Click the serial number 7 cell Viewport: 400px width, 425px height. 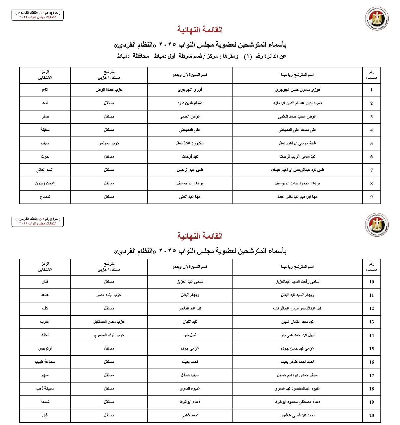pos(371,170)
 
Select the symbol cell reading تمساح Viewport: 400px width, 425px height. pos(45,197)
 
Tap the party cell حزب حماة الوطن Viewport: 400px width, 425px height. pos(109,90)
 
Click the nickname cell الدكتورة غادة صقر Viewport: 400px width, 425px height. pos(190,143)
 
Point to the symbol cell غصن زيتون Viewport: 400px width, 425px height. pos(45,183)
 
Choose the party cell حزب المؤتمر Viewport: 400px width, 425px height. pos(109,143)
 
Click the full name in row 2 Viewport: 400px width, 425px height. pos(297,103)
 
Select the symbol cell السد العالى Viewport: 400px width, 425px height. pos(45,170)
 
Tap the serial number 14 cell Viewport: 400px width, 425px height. pos(371,335)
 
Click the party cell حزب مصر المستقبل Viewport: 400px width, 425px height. pos(109,322)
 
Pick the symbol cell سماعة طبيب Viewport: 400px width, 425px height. pos(45,362)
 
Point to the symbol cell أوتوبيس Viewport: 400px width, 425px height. pos(45,349)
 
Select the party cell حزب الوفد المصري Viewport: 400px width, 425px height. pos(109,335)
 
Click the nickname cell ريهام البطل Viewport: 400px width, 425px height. pos(190,295)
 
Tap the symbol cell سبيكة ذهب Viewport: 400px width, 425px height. pos(45,388)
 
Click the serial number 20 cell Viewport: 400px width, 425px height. pos(371,415)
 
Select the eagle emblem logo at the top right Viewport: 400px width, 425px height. pos(377,19)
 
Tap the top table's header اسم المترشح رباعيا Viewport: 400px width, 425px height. pos(297,75)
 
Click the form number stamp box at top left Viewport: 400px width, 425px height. pos(37,15)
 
